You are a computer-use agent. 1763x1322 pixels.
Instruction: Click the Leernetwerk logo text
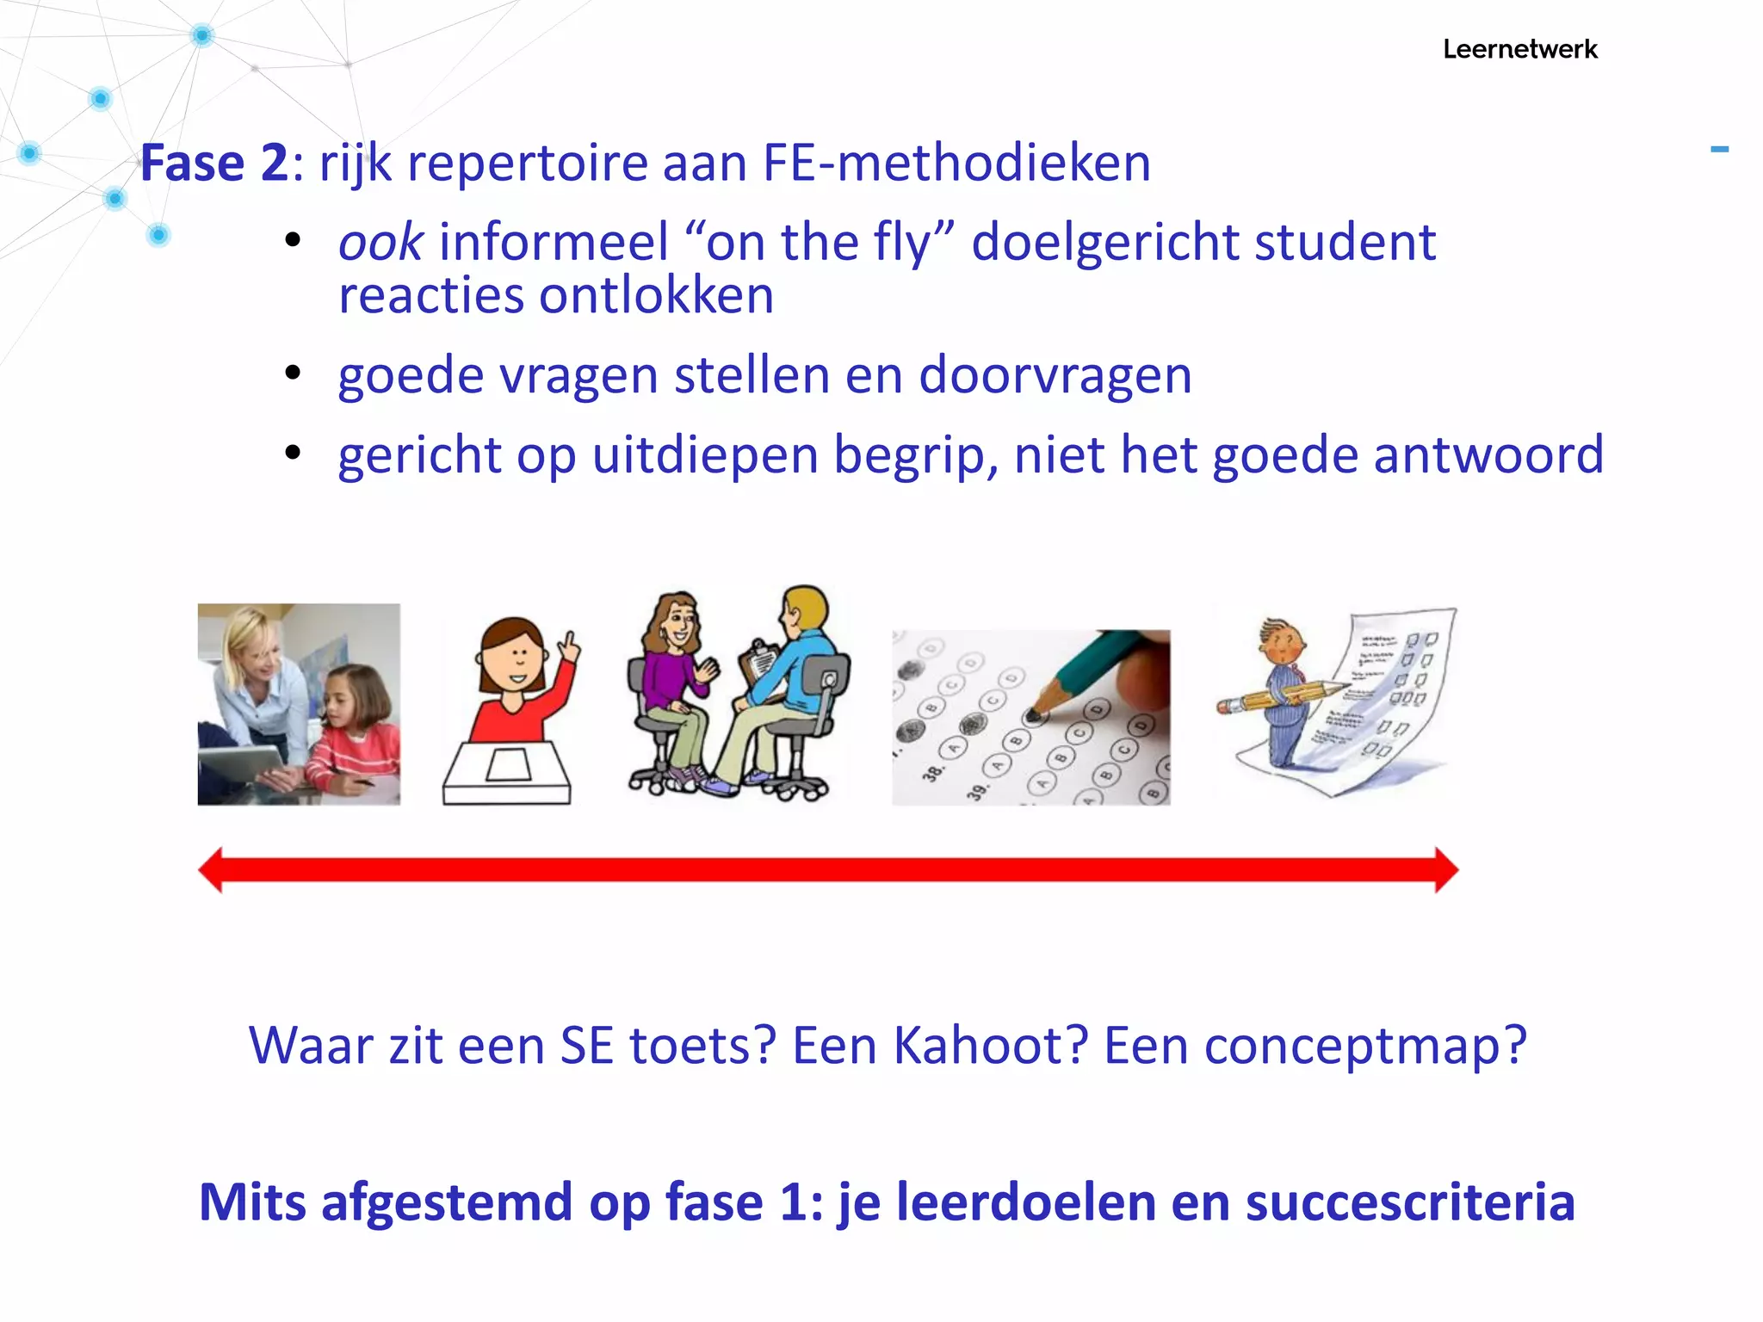(1519, 49)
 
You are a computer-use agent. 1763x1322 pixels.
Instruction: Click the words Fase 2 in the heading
(214, 163)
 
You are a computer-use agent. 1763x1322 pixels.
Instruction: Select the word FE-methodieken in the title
(956, 163)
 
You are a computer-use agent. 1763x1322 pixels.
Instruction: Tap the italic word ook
(380, 242)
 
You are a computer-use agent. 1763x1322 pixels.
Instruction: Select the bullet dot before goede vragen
(293, 374)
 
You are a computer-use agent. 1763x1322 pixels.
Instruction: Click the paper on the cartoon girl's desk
(508, 764)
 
